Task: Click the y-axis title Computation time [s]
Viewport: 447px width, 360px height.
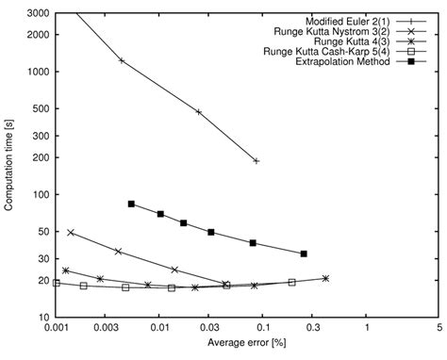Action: [x=9, y=165]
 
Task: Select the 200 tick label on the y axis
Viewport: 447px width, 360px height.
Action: [x=42, y=157]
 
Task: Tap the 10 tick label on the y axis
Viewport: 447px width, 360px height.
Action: [x=44, y=317]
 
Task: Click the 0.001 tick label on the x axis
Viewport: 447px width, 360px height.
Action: [x=56, y=330]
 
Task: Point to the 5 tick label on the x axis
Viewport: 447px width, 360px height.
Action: [x=439, y=330]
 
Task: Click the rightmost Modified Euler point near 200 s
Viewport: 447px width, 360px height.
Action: [x=257, y=161]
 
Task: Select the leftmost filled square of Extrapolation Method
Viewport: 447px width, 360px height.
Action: [x=131, y=204]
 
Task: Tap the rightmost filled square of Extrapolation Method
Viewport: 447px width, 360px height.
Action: [x=304, y=254]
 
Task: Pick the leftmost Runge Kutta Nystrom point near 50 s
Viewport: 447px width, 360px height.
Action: [x=71, y=232]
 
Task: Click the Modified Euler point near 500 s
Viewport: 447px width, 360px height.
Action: [x=199, y=111]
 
